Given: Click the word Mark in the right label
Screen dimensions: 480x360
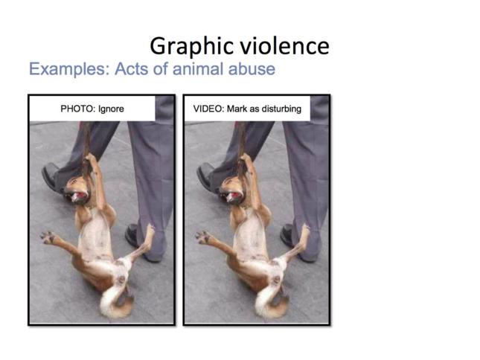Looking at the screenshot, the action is pyautogui.click(x=237, y=109).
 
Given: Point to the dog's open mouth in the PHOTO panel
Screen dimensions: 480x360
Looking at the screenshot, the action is pyautogui.click(x=78, y=196).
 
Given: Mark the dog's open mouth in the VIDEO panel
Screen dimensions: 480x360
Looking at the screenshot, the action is pyautogui.click(x=234, y=196).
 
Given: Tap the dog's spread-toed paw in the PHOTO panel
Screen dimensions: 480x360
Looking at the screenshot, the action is pyautogui.click(x=48, y=237).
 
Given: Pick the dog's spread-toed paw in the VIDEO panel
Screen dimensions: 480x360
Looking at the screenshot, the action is pyautogui.click(x=202, y=237).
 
